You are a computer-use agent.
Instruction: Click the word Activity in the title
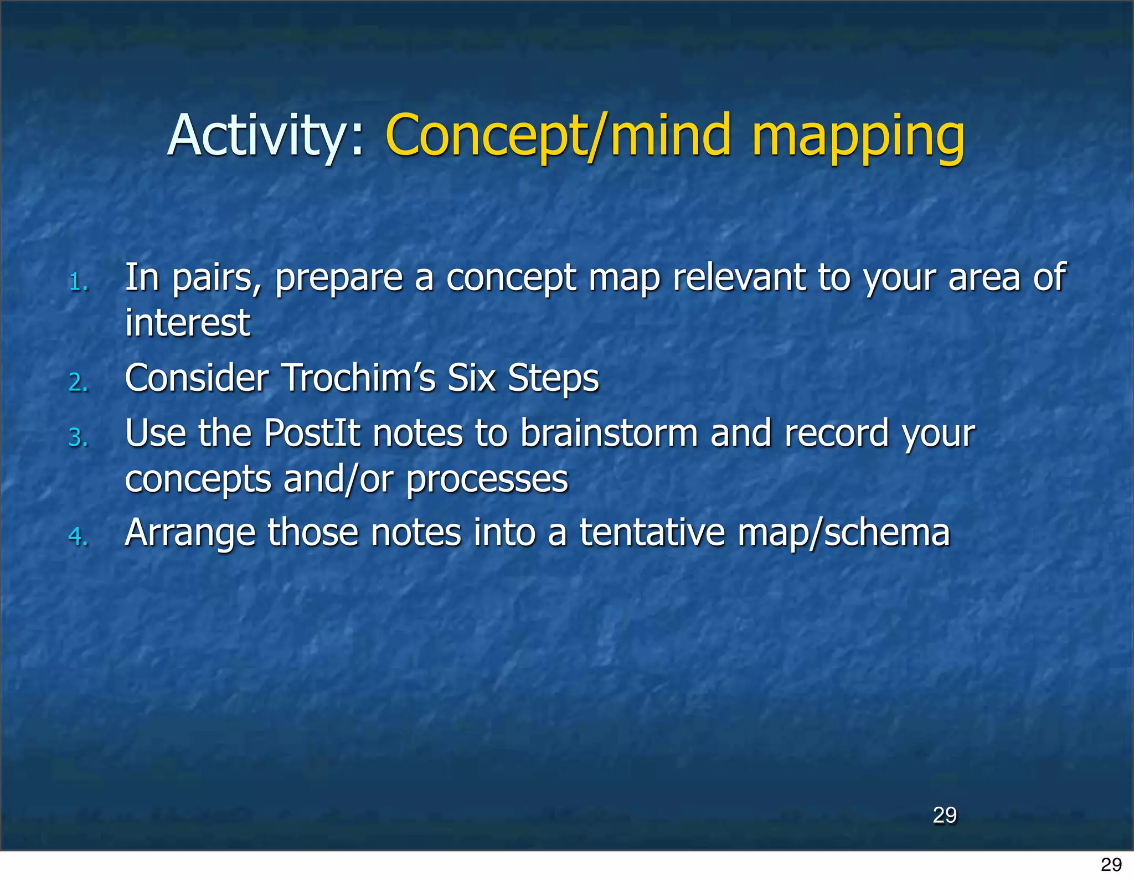pos(258,136)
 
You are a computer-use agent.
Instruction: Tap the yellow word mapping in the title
pos(858,136)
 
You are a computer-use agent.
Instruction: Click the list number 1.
pos(79,283)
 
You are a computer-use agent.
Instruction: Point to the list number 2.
pos(79,383)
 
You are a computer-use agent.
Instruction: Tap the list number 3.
pos(79,438)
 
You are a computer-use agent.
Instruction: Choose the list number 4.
pos(79,537)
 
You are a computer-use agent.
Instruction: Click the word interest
pos(187,323)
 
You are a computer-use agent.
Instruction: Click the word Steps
pos(553,379)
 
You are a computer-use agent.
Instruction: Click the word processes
pos(487,479)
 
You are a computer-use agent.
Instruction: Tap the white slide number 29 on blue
pos(944,815)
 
